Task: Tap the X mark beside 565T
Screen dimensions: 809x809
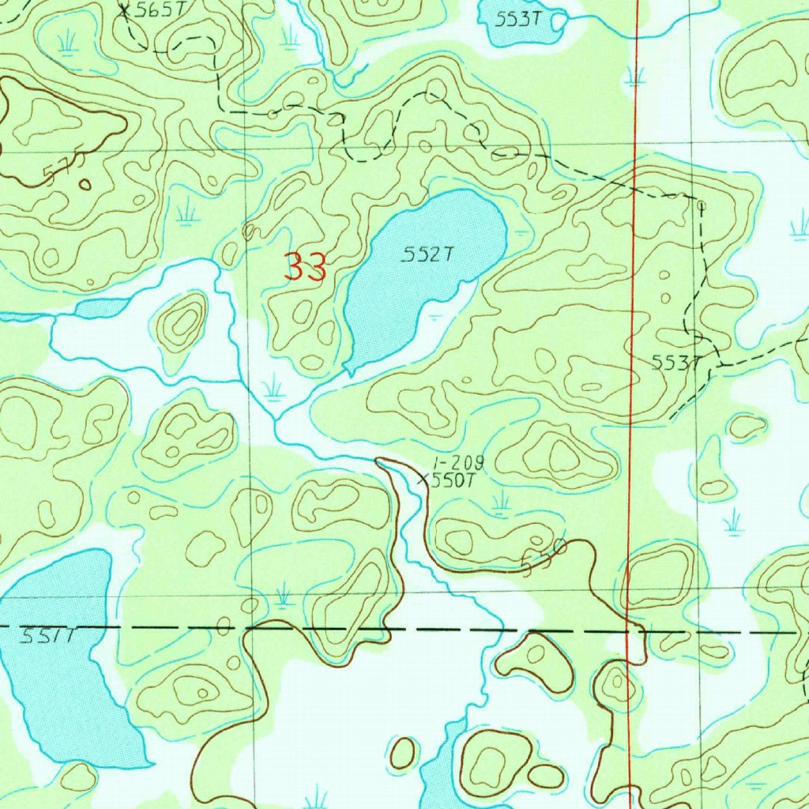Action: pos(124,10)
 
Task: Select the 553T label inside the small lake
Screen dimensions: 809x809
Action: pos(517,20)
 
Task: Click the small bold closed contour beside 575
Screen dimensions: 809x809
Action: pos(85,185)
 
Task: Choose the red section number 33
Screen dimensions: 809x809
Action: pos(306,268)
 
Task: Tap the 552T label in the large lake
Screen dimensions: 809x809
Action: pos(427,254)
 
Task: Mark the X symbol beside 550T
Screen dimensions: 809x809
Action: pos(423,479)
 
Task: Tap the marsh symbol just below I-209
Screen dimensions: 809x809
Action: pos(499,502)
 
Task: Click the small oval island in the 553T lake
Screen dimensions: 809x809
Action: pos(558,22)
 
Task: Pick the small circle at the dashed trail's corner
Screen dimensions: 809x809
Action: pos(701,205)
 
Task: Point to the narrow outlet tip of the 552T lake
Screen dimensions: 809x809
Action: pos(348,370)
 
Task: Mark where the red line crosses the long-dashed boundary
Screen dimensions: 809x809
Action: pos(630,631)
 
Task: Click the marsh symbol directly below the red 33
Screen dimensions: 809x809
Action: pos(273,387)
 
